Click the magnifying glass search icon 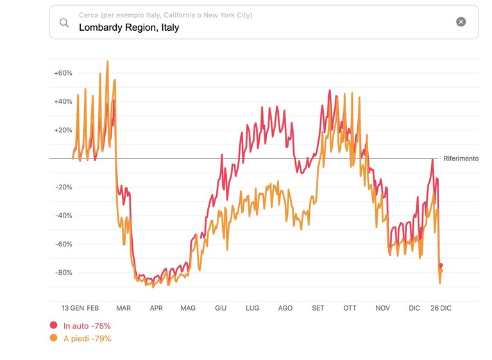pyautogui.click(x=64, y=22)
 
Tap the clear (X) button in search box pyautogui.click(x=461, y=22)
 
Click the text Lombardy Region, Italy pyautogui.click(x=129, y=28)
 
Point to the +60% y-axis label pyautogui.click(x=63, y=73)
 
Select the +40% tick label pyautogui.click(x=63, y=101)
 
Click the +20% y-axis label pyautogui.click(x=63, y=130)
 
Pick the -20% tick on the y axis pyautogui.click(x=64, y=187)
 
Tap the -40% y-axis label pyautogui.click(x=64, y=216)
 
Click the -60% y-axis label pyautogui.click(x=64, y=244)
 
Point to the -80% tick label pyautogui.click(x=64, y=273)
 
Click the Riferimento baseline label pyautogui.click(x=461, y=159)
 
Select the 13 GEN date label pyautogui.click(x=72, y=308)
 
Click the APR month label pyautogui.click(x=157, y=308)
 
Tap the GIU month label pyautogui.click(x=221, y=308)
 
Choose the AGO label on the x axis pyautogui.click(x=285, y=308)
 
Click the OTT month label pyautogui.click(x=350, y=308)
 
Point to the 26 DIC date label pyautogui.click(x=441, y=308)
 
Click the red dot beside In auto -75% pyautogui.click(x=54, y=325)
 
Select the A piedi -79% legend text pyautogui.click(x=87, y=339)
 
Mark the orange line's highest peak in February pyautogui.click(x=108, y=61)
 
